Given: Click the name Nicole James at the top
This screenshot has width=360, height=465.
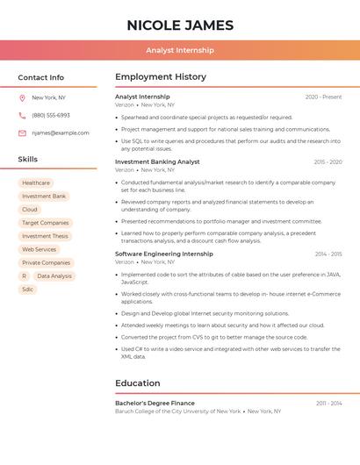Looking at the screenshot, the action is [180, 25].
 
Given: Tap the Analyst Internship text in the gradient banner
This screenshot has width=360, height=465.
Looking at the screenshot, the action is [180, 50].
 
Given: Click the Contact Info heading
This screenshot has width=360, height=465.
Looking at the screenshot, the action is [41, 77].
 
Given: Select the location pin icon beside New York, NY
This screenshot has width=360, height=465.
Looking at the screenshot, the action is [22, 97].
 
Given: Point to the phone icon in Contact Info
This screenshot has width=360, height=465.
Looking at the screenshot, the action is [22, 115].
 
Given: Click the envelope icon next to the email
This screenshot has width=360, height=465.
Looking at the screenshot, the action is [22, 132].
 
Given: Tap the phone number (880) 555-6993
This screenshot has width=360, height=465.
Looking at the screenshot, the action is [51, 115].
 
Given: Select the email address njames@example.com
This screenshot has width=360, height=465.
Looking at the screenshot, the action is [61, 132].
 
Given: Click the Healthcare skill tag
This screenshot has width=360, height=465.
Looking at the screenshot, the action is [36, 183].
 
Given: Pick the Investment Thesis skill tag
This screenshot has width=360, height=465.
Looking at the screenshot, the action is [45, 236].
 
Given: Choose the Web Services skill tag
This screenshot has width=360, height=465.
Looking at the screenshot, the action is [39, 249].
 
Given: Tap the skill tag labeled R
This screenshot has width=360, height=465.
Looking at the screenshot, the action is [24, 275].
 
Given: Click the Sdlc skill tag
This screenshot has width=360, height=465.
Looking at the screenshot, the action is [28, 289].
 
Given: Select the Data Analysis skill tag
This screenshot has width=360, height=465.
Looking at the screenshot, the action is [54, 275].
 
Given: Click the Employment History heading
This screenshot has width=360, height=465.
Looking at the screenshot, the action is [161, 77].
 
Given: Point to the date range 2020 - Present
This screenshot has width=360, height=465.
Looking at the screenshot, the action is [323, 97].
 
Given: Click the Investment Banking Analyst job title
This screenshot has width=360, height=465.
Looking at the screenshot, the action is [157, 161].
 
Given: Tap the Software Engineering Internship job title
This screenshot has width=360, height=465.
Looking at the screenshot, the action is [163, 254].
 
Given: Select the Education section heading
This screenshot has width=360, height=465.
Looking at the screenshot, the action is [138, 383].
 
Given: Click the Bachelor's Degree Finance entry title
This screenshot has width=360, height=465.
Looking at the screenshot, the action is [155, 403].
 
